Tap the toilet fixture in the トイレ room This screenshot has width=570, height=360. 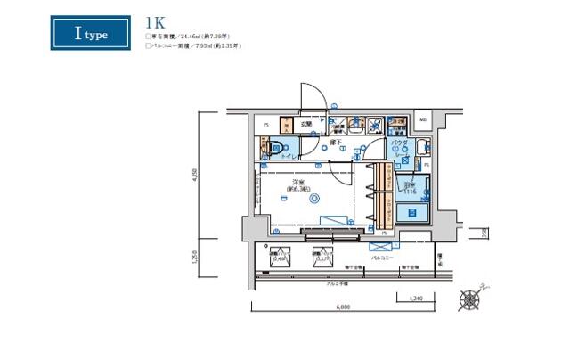[x=274, y=151]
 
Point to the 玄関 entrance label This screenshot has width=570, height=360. [x=305, y=125]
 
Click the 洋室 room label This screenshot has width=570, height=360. [x=295, y=186]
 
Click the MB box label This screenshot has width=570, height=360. [x=423, y=119]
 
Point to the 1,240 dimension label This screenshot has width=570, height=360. [x=416, y=299]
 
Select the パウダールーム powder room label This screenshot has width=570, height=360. [x=401, y=148]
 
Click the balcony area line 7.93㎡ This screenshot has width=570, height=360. [x=194, y=45]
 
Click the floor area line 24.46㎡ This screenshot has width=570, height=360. [x=192, y=37]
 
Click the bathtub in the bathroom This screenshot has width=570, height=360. [x=411, y=211]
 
